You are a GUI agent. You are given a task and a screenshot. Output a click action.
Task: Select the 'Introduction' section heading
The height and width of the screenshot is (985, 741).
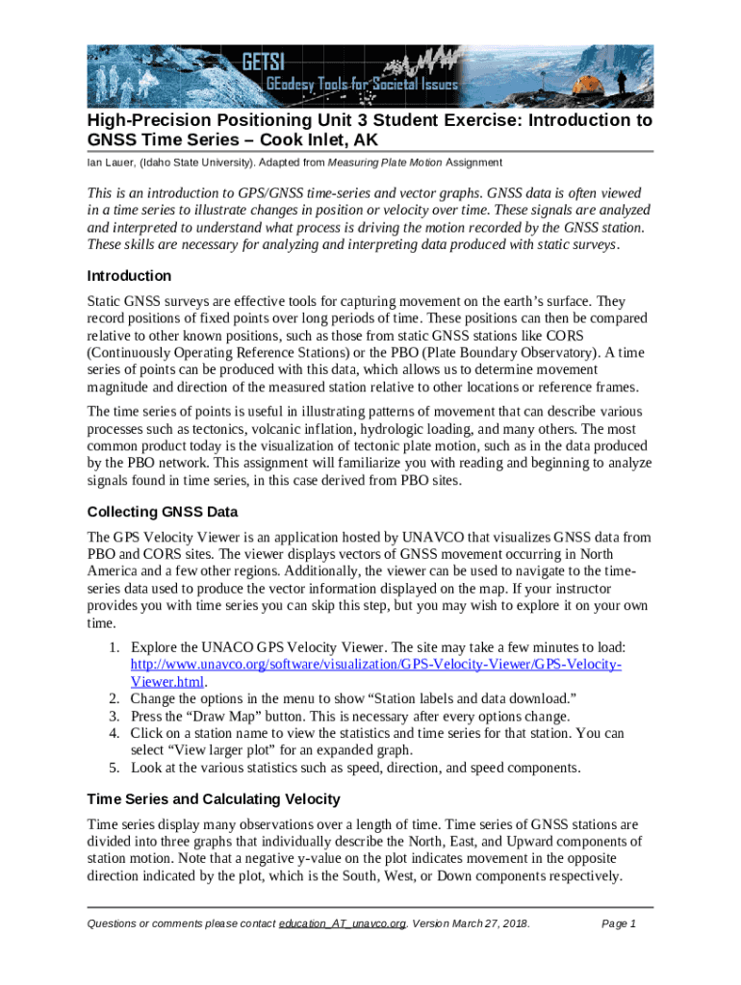coord(129,276)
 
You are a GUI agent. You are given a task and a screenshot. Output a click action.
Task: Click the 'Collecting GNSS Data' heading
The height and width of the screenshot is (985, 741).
coord(162,512)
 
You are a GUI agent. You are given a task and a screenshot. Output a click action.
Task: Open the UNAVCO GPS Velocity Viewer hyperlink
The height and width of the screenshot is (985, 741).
coord(376,665)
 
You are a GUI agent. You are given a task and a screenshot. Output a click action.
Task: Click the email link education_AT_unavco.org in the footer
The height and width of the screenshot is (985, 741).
coord(342,924)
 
